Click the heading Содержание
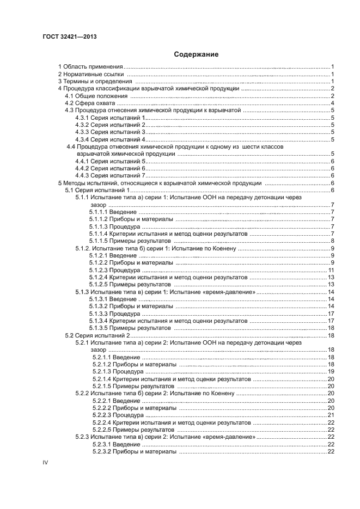click(196, 54)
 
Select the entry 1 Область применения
click(90, 66)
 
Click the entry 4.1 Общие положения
click(97, 96)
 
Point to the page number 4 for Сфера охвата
click(332, 103)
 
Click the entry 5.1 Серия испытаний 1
click(97, 191)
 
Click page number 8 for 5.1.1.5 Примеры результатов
click(332, 241)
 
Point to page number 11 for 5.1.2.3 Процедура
click(331, 270)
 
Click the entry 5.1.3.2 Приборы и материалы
click(131, 306)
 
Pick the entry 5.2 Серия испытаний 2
click(97, 335)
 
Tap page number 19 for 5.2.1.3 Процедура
click(331, 371)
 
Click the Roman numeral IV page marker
click(46, 462)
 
